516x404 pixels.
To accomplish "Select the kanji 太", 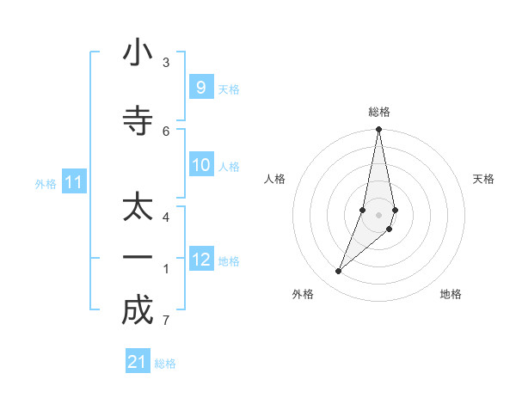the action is point(138,209).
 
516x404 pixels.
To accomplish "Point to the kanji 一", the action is point(138,258).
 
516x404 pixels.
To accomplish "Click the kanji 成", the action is point(138,310).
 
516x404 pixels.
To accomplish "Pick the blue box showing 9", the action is point(200,88).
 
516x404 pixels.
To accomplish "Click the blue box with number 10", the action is point(201,165).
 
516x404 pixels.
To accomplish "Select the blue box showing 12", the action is point(201,260).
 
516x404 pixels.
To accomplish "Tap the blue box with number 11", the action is point(74,182).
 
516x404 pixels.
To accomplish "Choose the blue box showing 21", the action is point(137,362).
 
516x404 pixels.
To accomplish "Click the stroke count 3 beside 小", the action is point(166,63).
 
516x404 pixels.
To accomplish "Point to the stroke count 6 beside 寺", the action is point(166,131).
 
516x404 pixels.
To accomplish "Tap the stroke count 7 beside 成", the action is point(166,321).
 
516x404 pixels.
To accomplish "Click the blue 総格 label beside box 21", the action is point(166,364).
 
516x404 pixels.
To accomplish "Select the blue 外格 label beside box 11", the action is point(45,183).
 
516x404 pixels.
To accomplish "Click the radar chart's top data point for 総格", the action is point(378,130).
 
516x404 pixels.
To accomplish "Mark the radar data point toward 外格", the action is point(338,272).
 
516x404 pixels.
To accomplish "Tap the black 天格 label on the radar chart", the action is point(483,179).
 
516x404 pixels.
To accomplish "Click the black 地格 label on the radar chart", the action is point(451,294).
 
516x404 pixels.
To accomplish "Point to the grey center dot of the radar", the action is point(378,214).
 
